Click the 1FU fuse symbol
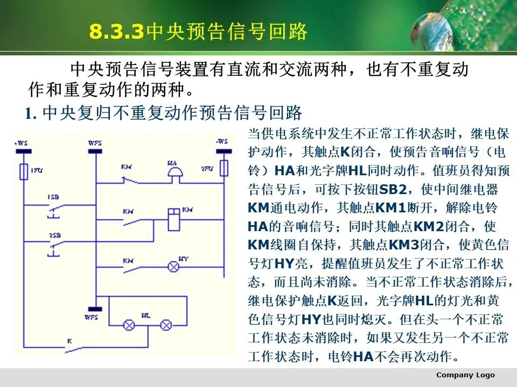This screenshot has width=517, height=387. (x=23, y=172)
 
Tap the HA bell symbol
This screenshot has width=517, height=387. (x=173, y=172)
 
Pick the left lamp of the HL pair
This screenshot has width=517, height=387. (x=129, y=325)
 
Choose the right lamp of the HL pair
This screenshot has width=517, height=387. (x=166, y=325)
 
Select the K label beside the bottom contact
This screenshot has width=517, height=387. (x=69, y=341)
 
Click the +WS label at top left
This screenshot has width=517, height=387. (x=22, y=142)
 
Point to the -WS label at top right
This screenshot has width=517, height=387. (x=222, y=141)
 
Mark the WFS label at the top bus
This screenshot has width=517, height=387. (x=94, y=143)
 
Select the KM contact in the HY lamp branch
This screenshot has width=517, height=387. (x=131, y=266)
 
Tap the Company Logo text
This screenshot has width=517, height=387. (x=465, y=375)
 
